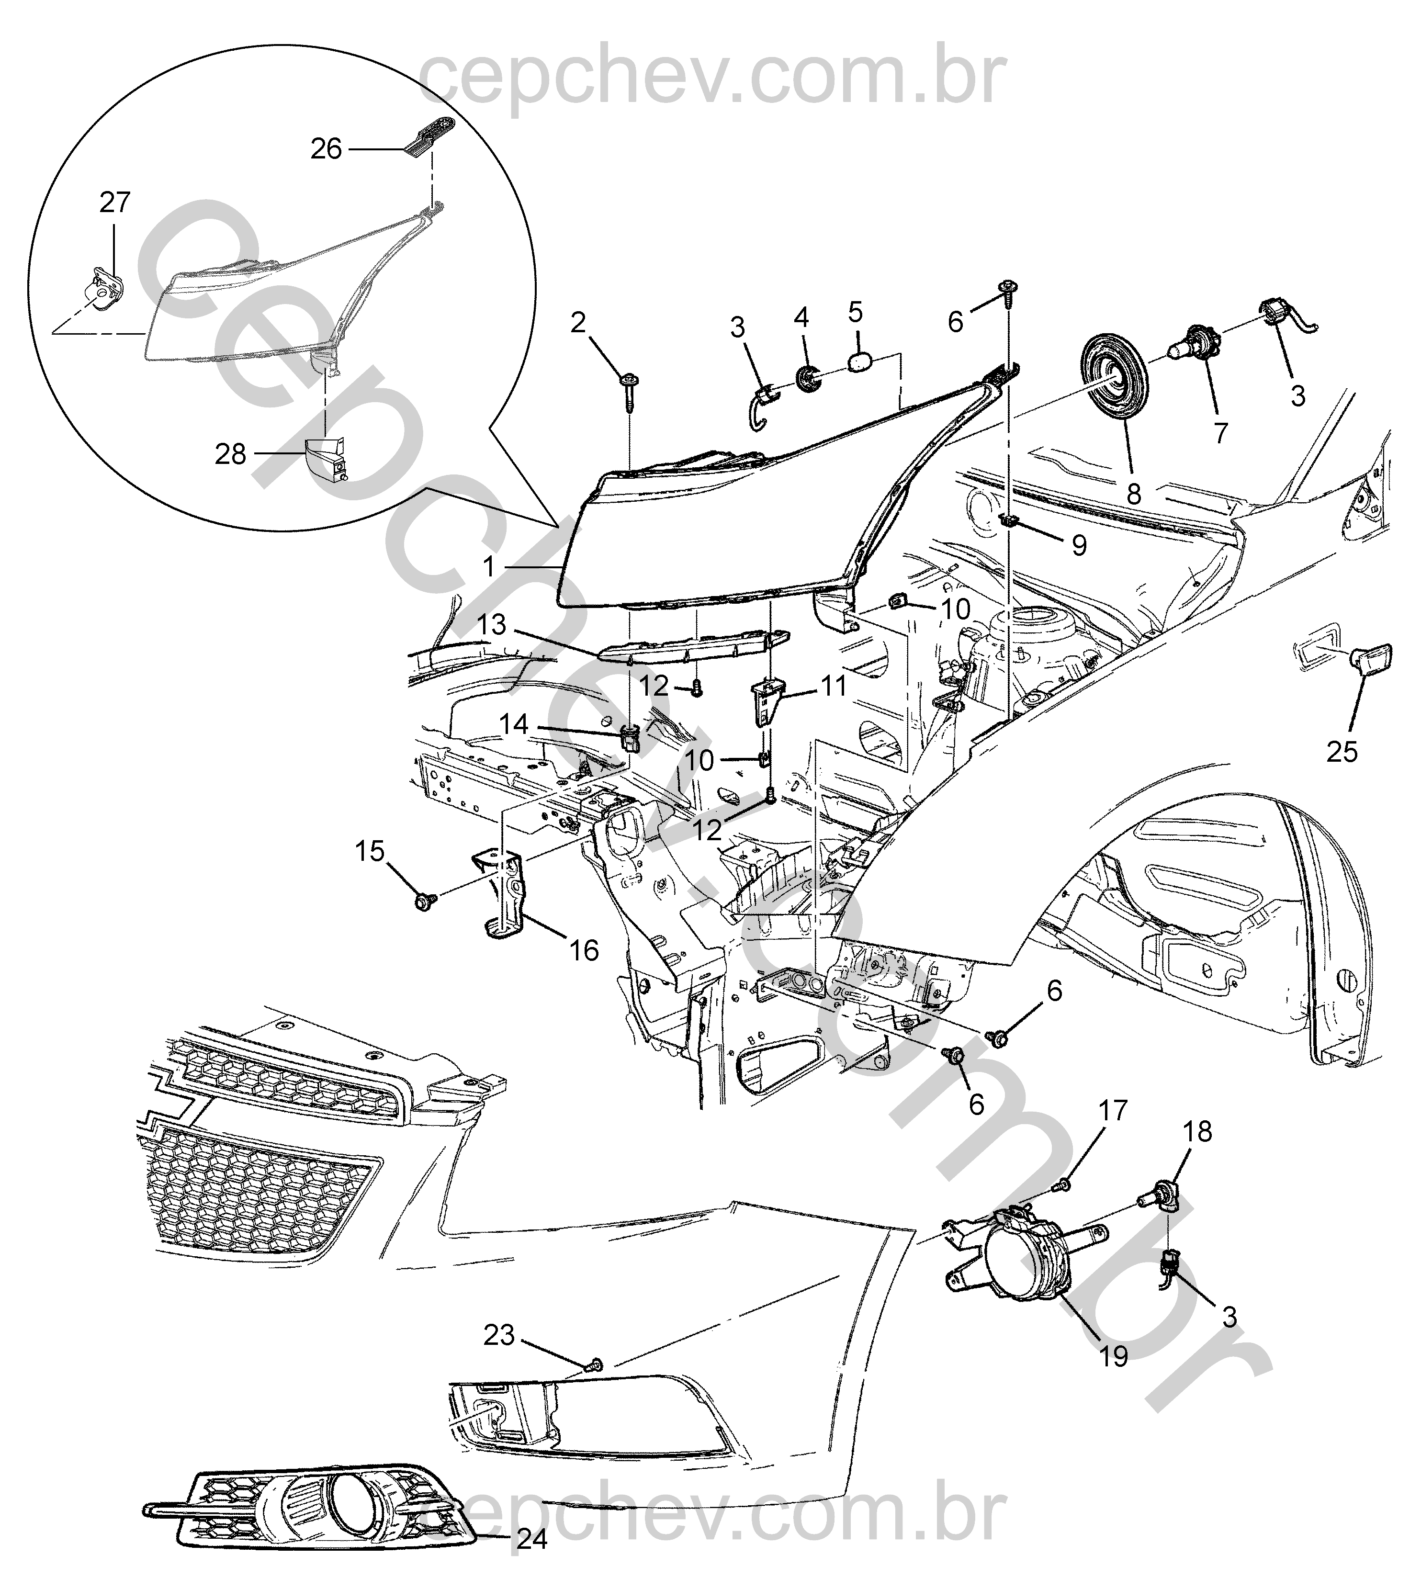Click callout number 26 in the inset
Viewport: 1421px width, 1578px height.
click(327, 149)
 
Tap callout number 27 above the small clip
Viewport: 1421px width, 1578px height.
click(115, 203)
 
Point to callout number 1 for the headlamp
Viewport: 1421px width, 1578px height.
click(489, 566)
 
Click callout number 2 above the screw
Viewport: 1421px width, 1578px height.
click(578, 323)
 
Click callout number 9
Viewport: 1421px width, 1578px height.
click(1079, 544)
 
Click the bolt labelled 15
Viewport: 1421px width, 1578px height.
click(426, 902)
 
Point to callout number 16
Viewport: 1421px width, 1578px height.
click(584, 950)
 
